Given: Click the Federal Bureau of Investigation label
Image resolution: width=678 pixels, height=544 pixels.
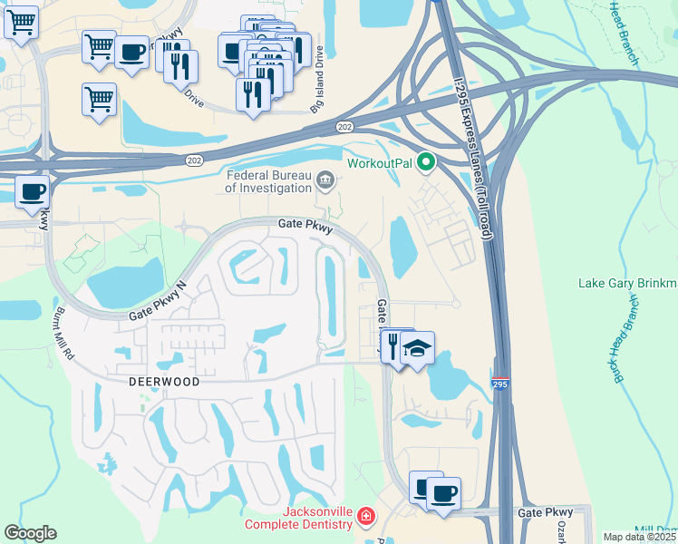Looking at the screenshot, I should [x=267, y=181].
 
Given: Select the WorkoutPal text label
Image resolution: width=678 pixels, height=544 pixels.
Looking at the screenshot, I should [x=378, y=164].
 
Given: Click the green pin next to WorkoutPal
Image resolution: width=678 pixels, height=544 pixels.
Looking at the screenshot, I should [x=426, y=164].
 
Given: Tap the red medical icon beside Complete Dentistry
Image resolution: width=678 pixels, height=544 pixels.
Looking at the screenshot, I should [x=365, y=518].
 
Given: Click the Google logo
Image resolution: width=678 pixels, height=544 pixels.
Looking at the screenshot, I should [x=30, y=533].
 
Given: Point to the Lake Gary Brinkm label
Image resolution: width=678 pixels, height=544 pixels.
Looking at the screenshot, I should [x=627, y=284].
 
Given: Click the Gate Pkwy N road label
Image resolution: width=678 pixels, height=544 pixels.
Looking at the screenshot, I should [x=156, y=302].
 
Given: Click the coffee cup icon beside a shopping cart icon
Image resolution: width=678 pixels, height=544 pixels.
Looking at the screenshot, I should [x=132, y=52].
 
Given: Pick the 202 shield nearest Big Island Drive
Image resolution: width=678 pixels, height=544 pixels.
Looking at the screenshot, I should [x=344, y=127].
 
